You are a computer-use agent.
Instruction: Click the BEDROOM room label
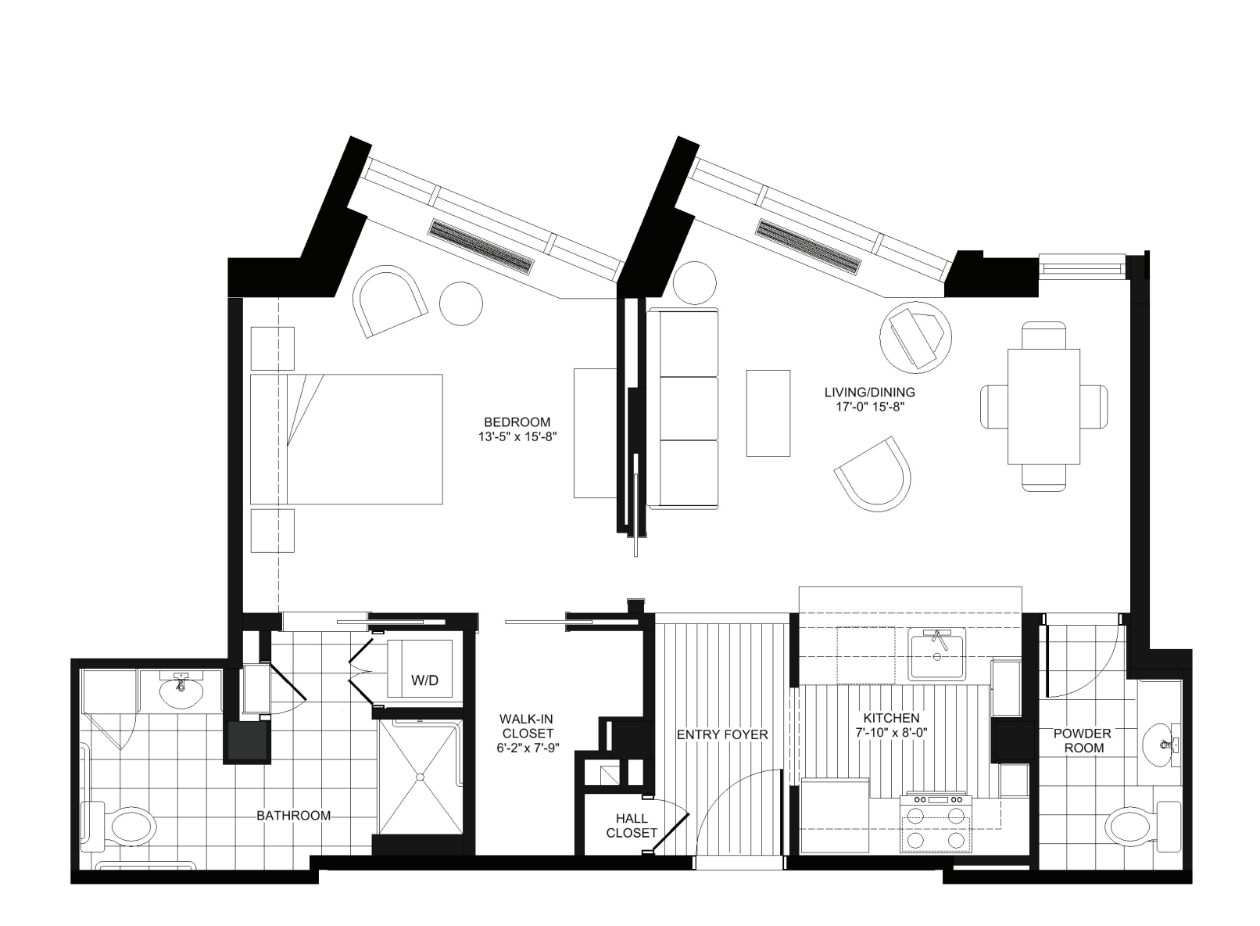point(516,422)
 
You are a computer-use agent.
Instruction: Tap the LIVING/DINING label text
point(869,392)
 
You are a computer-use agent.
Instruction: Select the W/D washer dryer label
point(424,680)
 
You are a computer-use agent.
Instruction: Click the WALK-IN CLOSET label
point(528,734)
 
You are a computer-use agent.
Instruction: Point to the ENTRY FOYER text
point(722,735)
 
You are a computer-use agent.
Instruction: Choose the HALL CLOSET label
point(632,826)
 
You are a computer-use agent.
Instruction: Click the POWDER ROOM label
point(1082,741)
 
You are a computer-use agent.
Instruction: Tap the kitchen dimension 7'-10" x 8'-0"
point(891,734)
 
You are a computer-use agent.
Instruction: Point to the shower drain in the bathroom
point(420,777)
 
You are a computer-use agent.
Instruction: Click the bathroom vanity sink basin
point(181,691)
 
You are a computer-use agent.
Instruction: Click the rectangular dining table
point(1043,407)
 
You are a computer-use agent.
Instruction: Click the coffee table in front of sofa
point(768,413)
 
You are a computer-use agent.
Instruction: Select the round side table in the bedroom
point(460,303)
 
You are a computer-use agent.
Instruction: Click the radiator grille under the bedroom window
point(481,246)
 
